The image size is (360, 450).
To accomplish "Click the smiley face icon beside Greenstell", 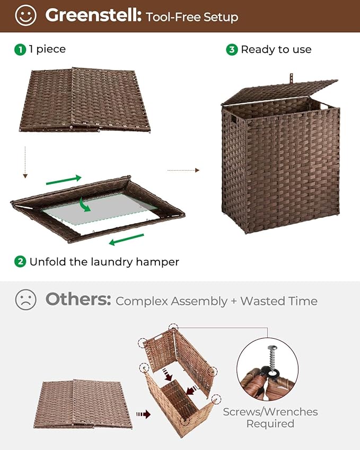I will click(x=25, y=15).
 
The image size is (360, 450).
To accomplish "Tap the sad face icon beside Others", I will click(x=25, y=300).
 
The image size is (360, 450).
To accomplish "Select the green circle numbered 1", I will click(x=20, y=49).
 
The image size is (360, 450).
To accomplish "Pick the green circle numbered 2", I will click(x=20, y=261).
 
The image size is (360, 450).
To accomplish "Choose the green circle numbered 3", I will click(x=232, y=49).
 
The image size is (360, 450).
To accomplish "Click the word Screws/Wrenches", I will click(x=270, y=411).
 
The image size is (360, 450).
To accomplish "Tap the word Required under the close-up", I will click(x=270, y=423).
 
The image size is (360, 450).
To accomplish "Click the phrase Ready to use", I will click(x=276, y=49).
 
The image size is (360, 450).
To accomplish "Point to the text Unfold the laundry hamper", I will click(x=104, y=261).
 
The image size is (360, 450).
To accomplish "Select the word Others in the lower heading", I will click(x=78, y=299).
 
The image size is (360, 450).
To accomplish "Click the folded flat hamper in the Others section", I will click(x=83, y=403).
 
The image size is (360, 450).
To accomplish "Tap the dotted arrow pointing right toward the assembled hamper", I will click(x=183, y=170).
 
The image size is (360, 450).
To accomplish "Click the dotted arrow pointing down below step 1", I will click(x=24, y=162).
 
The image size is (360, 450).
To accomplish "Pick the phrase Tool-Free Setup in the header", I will click(x=192, y=16).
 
